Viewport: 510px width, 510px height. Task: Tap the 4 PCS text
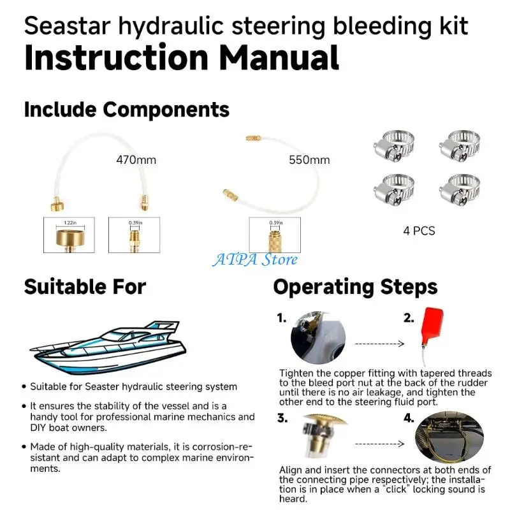coord(419,230)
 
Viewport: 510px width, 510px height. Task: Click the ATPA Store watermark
coord(255,259)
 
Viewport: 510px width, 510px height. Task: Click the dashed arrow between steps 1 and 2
coord(380,344)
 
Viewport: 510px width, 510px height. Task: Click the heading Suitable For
coord(85,287)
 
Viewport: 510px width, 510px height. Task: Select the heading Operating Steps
coord(355,287)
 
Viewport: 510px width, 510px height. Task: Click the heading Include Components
coord(126,109)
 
